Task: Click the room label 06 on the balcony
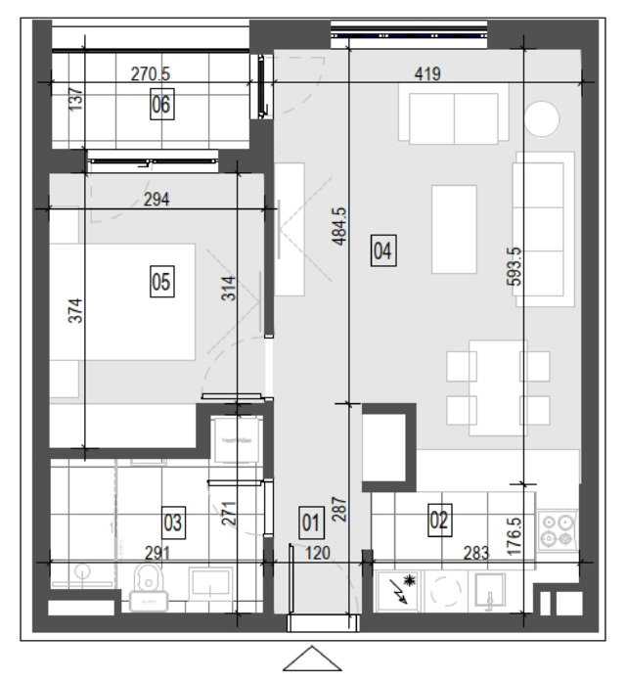(x=162, y=105)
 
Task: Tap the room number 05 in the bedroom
(x=162, y=282)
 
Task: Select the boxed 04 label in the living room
(x=383, y=250)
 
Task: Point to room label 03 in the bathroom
(x=173, y=522)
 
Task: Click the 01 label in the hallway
(x=311, y=522)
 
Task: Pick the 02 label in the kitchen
(x=439, y=520)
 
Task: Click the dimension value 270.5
(x=151, y=73)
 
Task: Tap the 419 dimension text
(x=427, y=73)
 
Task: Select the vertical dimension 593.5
(x=514, y=266)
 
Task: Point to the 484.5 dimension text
(x=340, y=226)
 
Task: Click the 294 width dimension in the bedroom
(x=156, y=200)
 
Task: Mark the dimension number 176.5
(x=514, y=536)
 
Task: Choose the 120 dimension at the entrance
(x=317, y=553)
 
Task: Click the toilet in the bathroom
(x=149, y=587)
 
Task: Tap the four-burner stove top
(x=558, y=530)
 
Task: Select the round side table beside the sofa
(x=542, y=119)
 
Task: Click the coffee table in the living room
(x=454, y=229)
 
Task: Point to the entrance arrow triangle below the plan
(x=312, y=658)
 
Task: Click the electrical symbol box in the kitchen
(x=397, y=590)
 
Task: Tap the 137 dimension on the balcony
(x=75, y=99)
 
